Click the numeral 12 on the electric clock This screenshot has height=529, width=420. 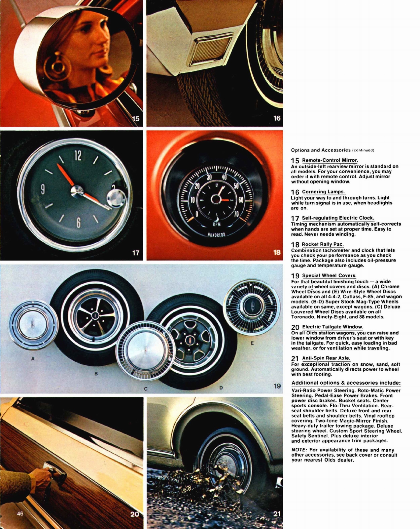78,155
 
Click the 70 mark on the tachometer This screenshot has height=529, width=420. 236,214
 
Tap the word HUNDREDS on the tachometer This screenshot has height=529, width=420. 216,234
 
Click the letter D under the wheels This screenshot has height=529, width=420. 221,387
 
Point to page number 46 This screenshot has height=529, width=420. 20,513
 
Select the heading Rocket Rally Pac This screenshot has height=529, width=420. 323,244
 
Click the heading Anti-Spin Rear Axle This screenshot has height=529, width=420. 326,358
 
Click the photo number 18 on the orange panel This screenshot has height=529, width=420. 277,253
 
